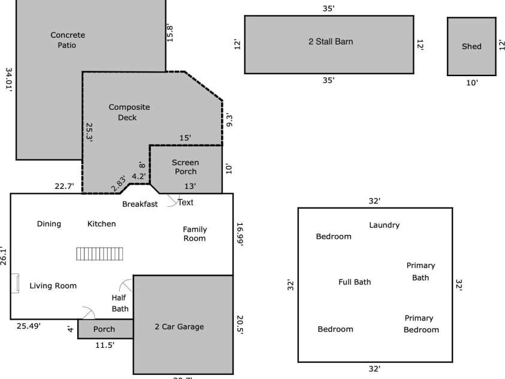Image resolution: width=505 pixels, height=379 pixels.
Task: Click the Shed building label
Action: (x=471, y=46)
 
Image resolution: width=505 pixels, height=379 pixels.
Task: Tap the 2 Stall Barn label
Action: (x=330, y=42)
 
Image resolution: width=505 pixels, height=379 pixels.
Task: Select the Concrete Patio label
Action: (x=67, y=40)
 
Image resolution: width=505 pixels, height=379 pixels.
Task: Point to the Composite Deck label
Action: (x=129, y=112)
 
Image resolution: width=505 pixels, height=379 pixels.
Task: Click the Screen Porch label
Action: (x=185, y=167)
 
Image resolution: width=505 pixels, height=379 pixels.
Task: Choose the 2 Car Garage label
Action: (x=179, y=327)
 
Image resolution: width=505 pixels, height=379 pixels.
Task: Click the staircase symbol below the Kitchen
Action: (x=99, y=254)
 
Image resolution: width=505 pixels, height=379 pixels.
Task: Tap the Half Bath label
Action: (x=120, y=303)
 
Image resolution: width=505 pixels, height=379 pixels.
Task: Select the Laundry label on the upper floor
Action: (x=384, y=225)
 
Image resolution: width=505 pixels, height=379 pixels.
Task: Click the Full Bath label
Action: (x=355, y=282)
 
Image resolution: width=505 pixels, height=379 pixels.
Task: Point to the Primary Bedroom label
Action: (x=421, y=324)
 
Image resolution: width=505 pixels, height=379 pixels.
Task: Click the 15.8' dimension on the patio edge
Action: (x=170, y=32)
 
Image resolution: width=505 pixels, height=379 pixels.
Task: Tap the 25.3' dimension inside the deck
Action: (x=89, y=132)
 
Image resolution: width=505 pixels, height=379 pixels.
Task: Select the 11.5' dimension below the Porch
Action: (x=105, y=345)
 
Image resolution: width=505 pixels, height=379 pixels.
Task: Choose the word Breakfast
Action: (x=140, y=204)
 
